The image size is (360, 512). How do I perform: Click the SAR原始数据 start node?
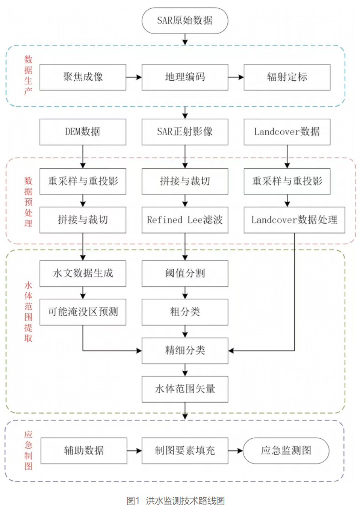[x=185, y=21]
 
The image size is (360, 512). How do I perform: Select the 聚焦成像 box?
[x=83, y=77]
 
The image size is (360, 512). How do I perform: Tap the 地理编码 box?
[x=185, y=77]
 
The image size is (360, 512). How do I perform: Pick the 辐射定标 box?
[x=287, y=77]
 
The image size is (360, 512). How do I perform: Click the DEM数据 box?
[x=83, y=132]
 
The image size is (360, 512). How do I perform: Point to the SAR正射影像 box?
[x=185, y=132]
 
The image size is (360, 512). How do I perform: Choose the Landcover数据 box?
[x=287, y=132]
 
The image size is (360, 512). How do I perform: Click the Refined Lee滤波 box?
[x=185, y=220]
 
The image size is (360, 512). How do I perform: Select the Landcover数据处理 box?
[x=294, y=220]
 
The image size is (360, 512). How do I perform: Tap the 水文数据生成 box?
[x=83, y=273]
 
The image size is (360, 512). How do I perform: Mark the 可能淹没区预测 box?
[x=83, y=312]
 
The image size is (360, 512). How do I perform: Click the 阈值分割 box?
[x=185, y=273]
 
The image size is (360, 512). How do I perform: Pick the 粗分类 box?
[x=185, y=312]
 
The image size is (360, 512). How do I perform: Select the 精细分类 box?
[x=185, y=350]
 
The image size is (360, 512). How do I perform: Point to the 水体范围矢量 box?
[x=185, y=389]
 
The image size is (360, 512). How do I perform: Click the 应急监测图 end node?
[x=286, y=450]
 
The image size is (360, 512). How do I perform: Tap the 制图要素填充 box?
[x=185, y=450]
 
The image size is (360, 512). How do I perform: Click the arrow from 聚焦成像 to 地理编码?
[x=134, y=77]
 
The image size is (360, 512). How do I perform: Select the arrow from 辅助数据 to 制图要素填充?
[x=134, y=451]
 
